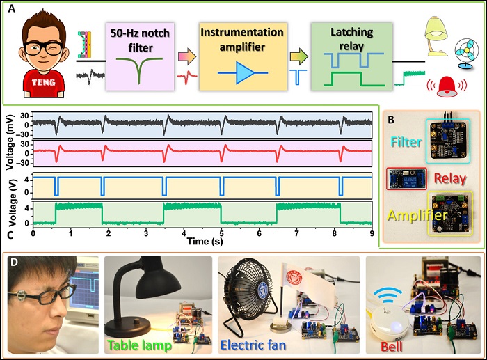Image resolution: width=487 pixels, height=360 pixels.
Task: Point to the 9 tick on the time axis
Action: (x=372, y=233)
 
